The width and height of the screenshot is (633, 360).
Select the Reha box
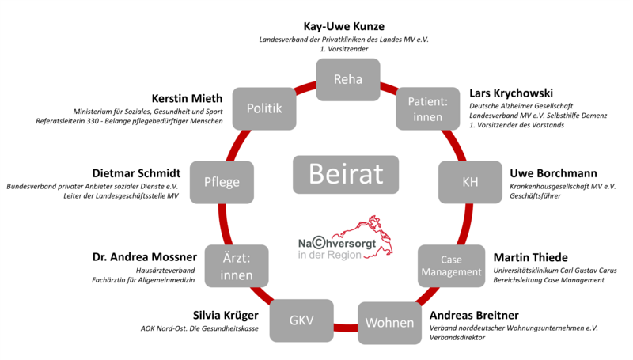click(347, 79)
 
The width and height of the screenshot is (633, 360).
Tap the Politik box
click(264, 108)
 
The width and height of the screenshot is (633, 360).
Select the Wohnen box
click(389, 322)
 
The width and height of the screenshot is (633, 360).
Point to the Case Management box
click(450, 266)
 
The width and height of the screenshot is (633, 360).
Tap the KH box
click(470, 182)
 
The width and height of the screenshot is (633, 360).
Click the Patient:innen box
click(427, 108)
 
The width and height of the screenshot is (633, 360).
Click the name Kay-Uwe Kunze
click(344, 26)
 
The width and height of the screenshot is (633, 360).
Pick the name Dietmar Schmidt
click(135, 173)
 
